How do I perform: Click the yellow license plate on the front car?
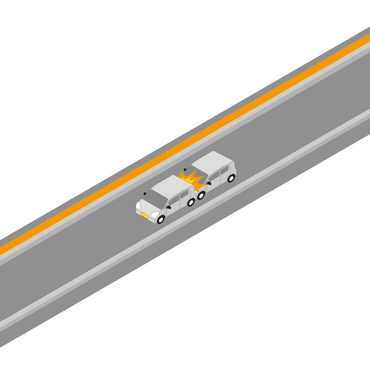(145, 216)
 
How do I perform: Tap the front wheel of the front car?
(160, 220)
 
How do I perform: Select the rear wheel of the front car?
(191, 202)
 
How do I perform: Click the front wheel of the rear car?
(201, 196)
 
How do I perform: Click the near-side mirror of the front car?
(169, 207)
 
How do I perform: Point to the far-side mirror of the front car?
(145, 194)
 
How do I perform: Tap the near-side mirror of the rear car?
(209, 183)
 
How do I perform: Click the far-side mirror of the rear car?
(185, 170)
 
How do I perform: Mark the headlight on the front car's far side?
(138, 205)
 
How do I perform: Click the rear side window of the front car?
(185, 194)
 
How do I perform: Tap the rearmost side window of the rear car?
(225, 170)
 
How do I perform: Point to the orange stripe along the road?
(185, 143)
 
